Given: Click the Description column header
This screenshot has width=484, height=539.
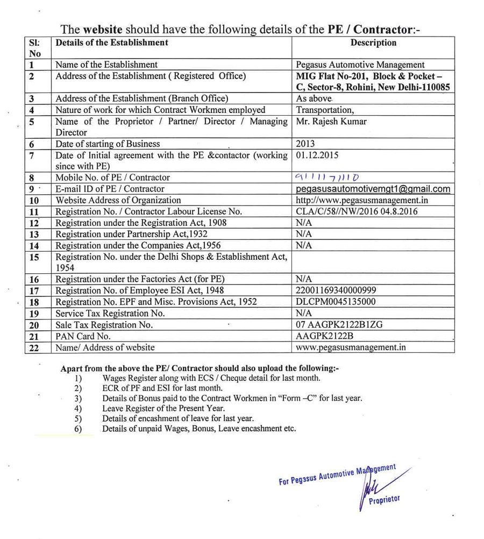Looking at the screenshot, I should click(373, 42).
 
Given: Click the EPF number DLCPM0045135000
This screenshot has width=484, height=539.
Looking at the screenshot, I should click(336, 302).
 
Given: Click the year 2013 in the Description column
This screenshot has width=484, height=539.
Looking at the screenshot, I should click(305, 144).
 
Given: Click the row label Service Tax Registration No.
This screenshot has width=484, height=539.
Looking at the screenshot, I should click(110, 313).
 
